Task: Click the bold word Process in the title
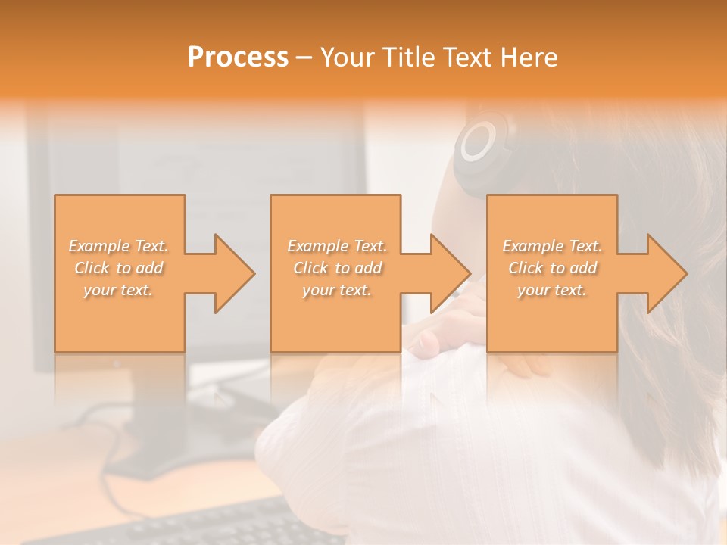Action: pyautogui.click(x=238, y=58)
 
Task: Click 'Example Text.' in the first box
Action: pyautogui.click(x=119, y=246)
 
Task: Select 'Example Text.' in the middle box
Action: pyautogui.click(x=337, y=246)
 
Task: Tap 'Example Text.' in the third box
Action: pyautogui.click(x=552, y=246)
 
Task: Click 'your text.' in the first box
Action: pyautogui.click(x=119, y=290)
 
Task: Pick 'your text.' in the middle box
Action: pyautogui.click(x=337, y=290)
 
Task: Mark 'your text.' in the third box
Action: pyautogui.click(x=552, y=290)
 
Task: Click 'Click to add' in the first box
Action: pyautogui.click(x=119, y=268)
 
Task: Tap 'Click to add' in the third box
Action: pyautogui.click(x=552, y=268)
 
